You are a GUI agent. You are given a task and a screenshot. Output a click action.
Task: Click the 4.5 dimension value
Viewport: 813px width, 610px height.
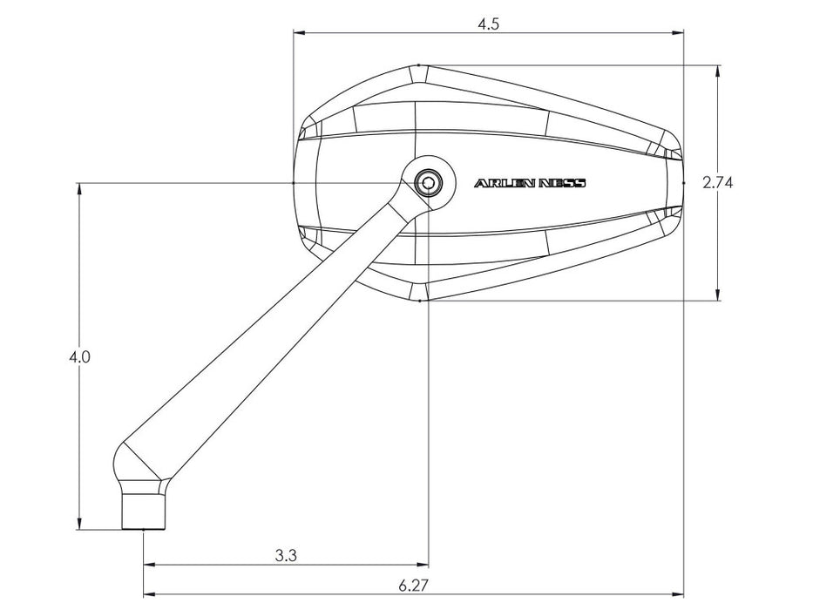click(x=488, y=24)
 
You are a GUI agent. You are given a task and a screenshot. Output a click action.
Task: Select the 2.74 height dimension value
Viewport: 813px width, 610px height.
click(x=718, y=183)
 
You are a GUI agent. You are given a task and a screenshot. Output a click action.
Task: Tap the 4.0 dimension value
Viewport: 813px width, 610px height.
click(x=79, y=357)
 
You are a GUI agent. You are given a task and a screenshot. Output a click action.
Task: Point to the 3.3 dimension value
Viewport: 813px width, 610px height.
click(x=286, y=556)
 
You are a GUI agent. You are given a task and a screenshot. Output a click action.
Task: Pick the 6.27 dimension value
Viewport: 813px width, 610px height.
click(x=414, y=586)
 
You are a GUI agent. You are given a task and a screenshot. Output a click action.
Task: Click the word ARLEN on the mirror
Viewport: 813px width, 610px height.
click(x=505, y=183)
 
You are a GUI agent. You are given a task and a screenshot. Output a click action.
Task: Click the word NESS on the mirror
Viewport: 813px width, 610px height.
click(x=563, y=183)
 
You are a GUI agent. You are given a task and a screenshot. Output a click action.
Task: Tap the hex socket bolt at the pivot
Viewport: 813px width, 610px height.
click(x=428, y=183)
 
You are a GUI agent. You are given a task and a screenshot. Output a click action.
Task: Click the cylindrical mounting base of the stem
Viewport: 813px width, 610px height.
click(x=144, y=511)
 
